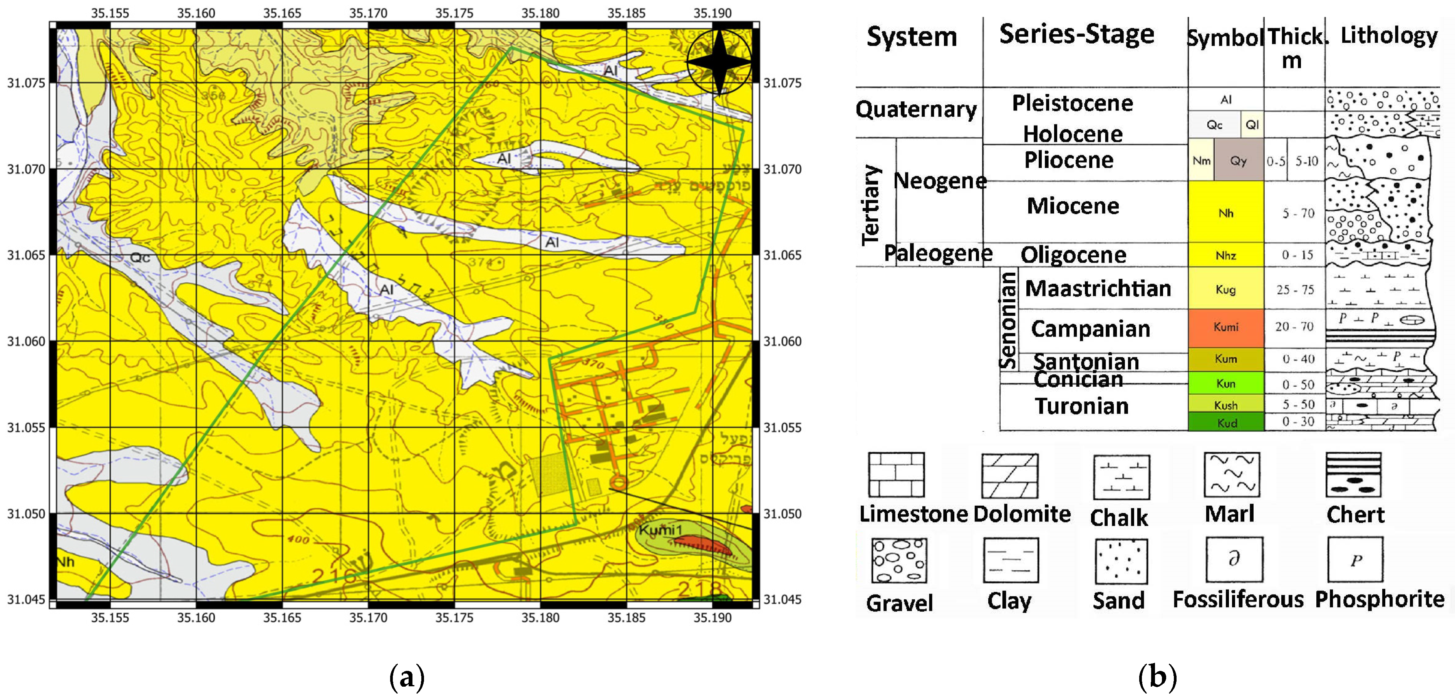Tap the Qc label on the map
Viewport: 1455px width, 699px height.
[x=140, y=258]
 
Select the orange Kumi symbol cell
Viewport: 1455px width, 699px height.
[x=1226, y=327]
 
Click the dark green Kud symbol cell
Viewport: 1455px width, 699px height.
[x=1226, y=422]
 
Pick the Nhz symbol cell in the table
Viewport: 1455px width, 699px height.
[x=1226, y=255]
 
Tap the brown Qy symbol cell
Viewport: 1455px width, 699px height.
[x=1238, y=161]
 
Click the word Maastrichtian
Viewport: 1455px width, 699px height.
[x=1098, y=288]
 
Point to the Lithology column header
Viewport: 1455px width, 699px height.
[x=1389, y=35]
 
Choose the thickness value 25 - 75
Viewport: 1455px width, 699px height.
[x=1294, y=290]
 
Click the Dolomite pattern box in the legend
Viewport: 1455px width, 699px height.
[x=1009, y=475]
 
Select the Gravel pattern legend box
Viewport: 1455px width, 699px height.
[x=898, y=561]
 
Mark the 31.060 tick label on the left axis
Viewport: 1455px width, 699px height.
[x=26, y=342]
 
